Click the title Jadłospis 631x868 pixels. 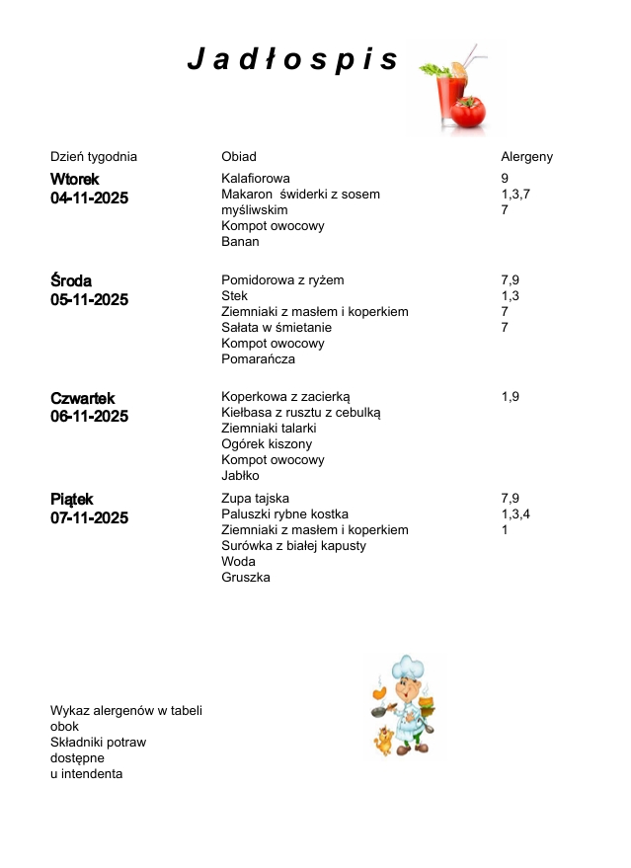[x=293, y=61]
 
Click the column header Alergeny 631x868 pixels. [x=526, y=157]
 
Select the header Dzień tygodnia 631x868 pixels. [x=94, y=157]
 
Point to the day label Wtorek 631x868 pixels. [x=75, y=179]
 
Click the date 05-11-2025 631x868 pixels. [x=89, y=300]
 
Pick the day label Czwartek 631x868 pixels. [x=82, y=398]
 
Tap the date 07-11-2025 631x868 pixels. [x=89, y=518]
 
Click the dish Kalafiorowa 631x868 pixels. [x=256, y=179]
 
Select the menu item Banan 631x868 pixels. [x=240, y=242]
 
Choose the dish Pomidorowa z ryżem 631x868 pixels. [x=282, y=280]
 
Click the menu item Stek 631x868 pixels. [x=234, y=296]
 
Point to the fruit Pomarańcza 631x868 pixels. [x=258, y=359]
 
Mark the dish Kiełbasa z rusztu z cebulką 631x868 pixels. [x=300, y=413]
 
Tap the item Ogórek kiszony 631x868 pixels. [x=267, y=444]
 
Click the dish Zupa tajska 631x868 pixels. [x=256, y=499]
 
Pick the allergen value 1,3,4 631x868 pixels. [x=515, y=514]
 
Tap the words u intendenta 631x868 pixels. [x=87, y=774]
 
